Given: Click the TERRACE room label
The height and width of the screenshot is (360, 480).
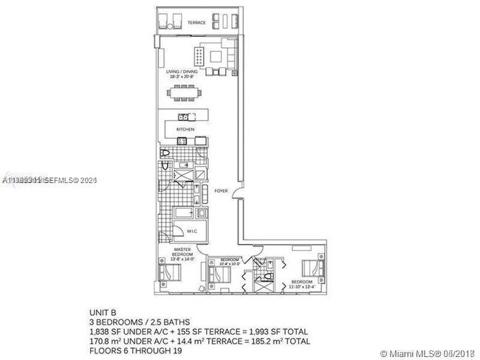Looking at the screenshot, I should pyautogui.click(x=196, y=23).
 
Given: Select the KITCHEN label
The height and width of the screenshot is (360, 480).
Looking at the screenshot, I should pyautogui.click(x=185, y=129).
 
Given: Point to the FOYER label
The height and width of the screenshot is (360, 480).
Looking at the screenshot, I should pyautogui.click(x=221, y=190).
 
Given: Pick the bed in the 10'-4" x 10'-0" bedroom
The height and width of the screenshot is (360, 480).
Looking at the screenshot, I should pyautogui.click(x=220, y=276).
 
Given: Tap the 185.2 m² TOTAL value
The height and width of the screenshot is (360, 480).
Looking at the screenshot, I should pyautogui.click(x=284, y=342).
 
